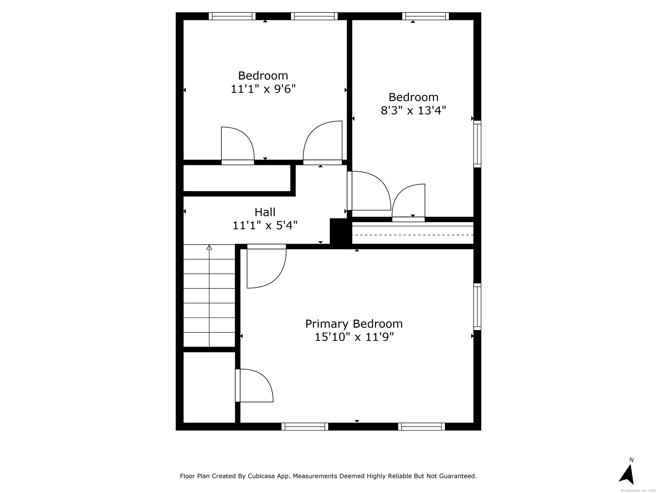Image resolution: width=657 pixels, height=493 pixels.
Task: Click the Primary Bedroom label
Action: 354,324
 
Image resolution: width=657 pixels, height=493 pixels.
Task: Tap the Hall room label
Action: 265,212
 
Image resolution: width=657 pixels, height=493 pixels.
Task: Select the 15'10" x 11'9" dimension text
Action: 354,337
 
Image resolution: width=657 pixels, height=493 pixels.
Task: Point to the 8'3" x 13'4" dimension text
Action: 413,111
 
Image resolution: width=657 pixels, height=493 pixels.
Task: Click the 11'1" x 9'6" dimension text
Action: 263,89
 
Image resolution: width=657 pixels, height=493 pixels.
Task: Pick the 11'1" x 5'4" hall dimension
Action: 265,226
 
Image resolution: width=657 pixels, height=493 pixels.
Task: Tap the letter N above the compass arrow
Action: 632,460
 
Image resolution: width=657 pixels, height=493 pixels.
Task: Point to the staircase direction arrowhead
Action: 209,247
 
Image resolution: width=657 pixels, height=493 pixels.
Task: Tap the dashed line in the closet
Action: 413,235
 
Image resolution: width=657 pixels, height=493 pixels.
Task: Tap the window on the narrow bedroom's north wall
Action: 425,16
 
